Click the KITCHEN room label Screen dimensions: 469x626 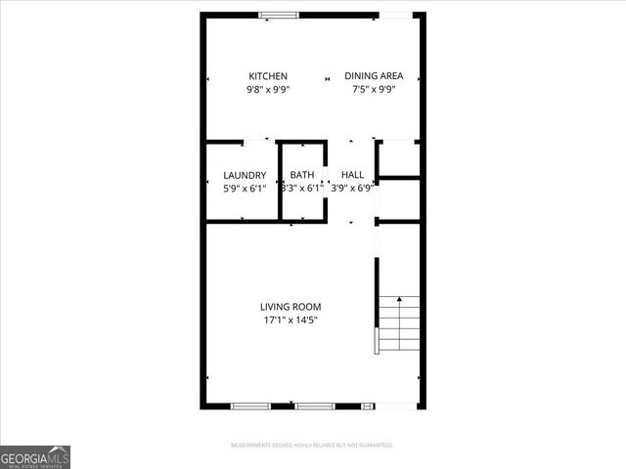[x=267, y=76]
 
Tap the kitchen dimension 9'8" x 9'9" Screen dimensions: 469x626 [x=267, y=90]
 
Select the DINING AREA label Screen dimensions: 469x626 [x=374, y=76]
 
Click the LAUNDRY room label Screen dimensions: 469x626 [x=245, y=176]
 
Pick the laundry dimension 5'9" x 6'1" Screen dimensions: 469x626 [x=245, y=189]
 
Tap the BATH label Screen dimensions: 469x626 [x=302, y=176]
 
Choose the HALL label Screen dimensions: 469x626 [x=352, y=176]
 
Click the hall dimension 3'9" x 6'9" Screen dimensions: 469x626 [x=353, y=189]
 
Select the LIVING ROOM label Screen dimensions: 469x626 [x=291, y=307]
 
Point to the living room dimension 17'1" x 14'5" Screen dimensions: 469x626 [x=291, y=320]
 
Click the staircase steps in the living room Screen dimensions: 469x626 [x=399, y=323]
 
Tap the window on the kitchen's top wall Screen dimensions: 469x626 [x=280, y=15]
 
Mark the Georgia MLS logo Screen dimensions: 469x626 [x=35, y=457]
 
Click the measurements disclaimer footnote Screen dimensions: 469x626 [x=312, y=446]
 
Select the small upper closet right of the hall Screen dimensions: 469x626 [x=399, y=158]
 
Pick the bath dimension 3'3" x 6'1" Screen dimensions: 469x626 [x=301, y=189]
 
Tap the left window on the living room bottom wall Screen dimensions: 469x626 [x=249, y=405]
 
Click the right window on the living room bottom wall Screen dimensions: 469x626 [x=315, y=405]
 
